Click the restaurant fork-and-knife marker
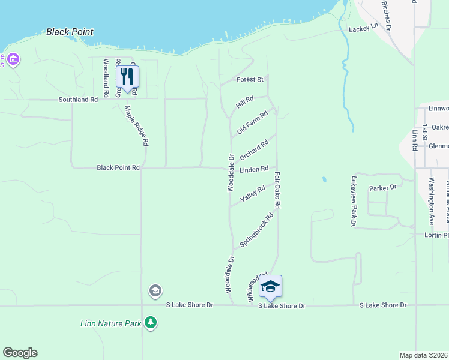tap(127, 77)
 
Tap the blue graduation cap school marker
tap(270, 287)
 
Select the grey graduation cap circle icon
tap(155, 291)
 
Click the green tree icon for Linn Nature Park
tap(150, 323)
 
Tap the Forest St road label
tap(250, 79)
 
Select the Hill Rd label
tap(245, 102)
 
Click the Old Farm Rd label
tap(252, 123)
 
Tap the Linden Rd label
tap(253, 170)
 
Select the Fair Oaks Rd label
tap(278, 190)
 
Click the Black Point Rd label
tap(118, 168)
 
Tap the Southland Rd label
tap(78, 100)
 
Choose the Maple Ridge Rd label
tap(136, 127)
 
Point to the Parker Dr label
tap(383, 188)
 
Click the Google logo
tap(20, 353)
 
